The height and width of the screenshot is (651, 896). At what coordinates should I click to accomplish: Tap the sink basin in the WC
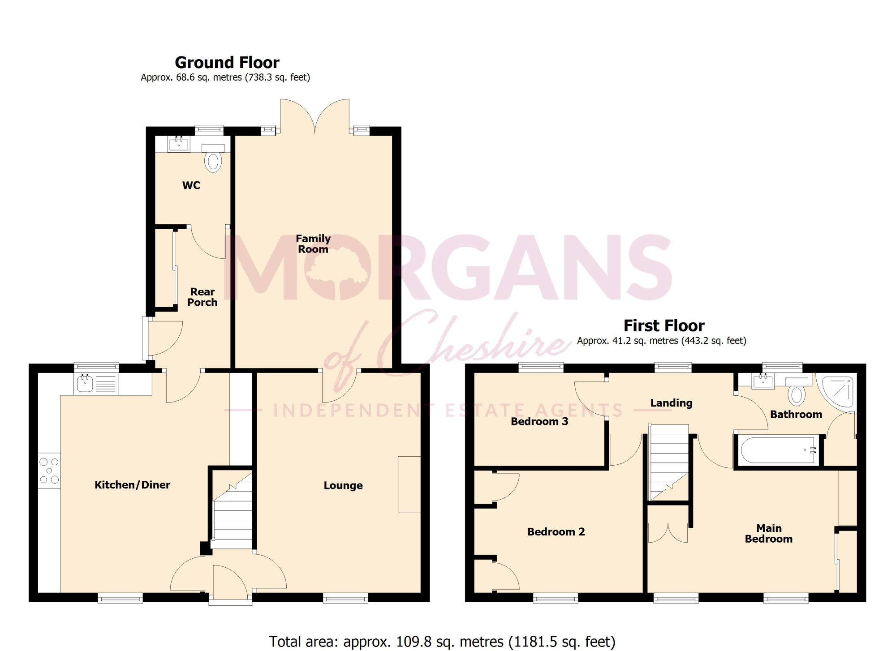tap(179, 144)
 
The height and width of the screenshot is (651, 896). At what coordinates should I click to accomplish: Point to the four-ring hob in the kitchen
tap(49, 471)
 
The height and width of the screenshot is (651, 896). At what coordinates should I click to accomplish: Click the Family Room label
tap(313, 244)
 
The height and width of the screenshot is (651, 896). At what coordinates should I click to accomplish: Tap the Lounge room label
tap(343, 485)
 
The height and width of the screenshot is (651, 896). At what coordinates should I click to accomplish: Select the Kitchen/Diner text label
tap(132, 485)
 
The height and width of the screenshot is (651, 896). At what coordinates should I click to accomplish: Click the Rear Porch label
tap(202, 297)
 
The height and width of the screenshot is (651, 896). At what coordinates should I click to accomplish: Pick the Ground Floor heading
tap(227, 62)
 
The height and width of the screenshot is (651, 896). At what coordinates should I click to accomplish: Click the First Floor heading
tap(664, 325)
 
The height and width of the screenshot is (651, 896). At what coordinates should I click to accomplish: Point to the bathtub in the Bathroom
tap(779, 450)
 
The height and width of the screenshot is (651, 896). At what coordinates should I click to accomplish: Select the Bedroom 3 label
tap(539, 421)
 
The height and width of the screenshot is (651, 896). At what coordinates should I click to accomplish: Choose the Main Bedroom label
tap(769, 534)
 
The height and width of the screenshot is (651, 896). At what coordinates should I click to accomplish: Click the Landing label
tap(671, 403)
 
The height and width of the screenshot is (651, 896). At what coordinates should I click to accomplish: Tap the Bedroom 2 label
tap(556, 532)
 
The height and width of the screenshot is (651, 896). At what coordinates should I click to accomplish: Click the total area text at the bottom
tap(442, 642)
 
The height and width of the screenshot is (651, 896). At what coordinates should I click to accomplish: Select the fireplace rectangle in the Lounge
tap(409, 484)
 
